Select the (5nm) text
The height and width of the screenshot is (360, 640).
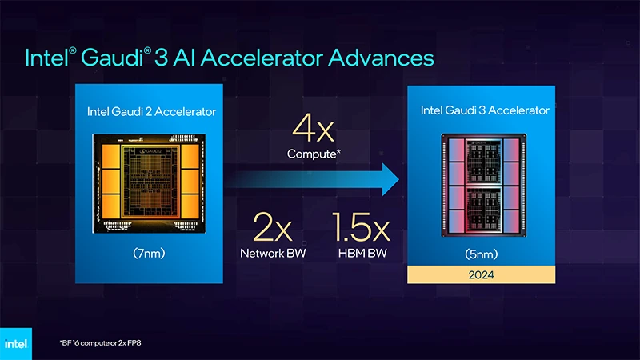[485, 254]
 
